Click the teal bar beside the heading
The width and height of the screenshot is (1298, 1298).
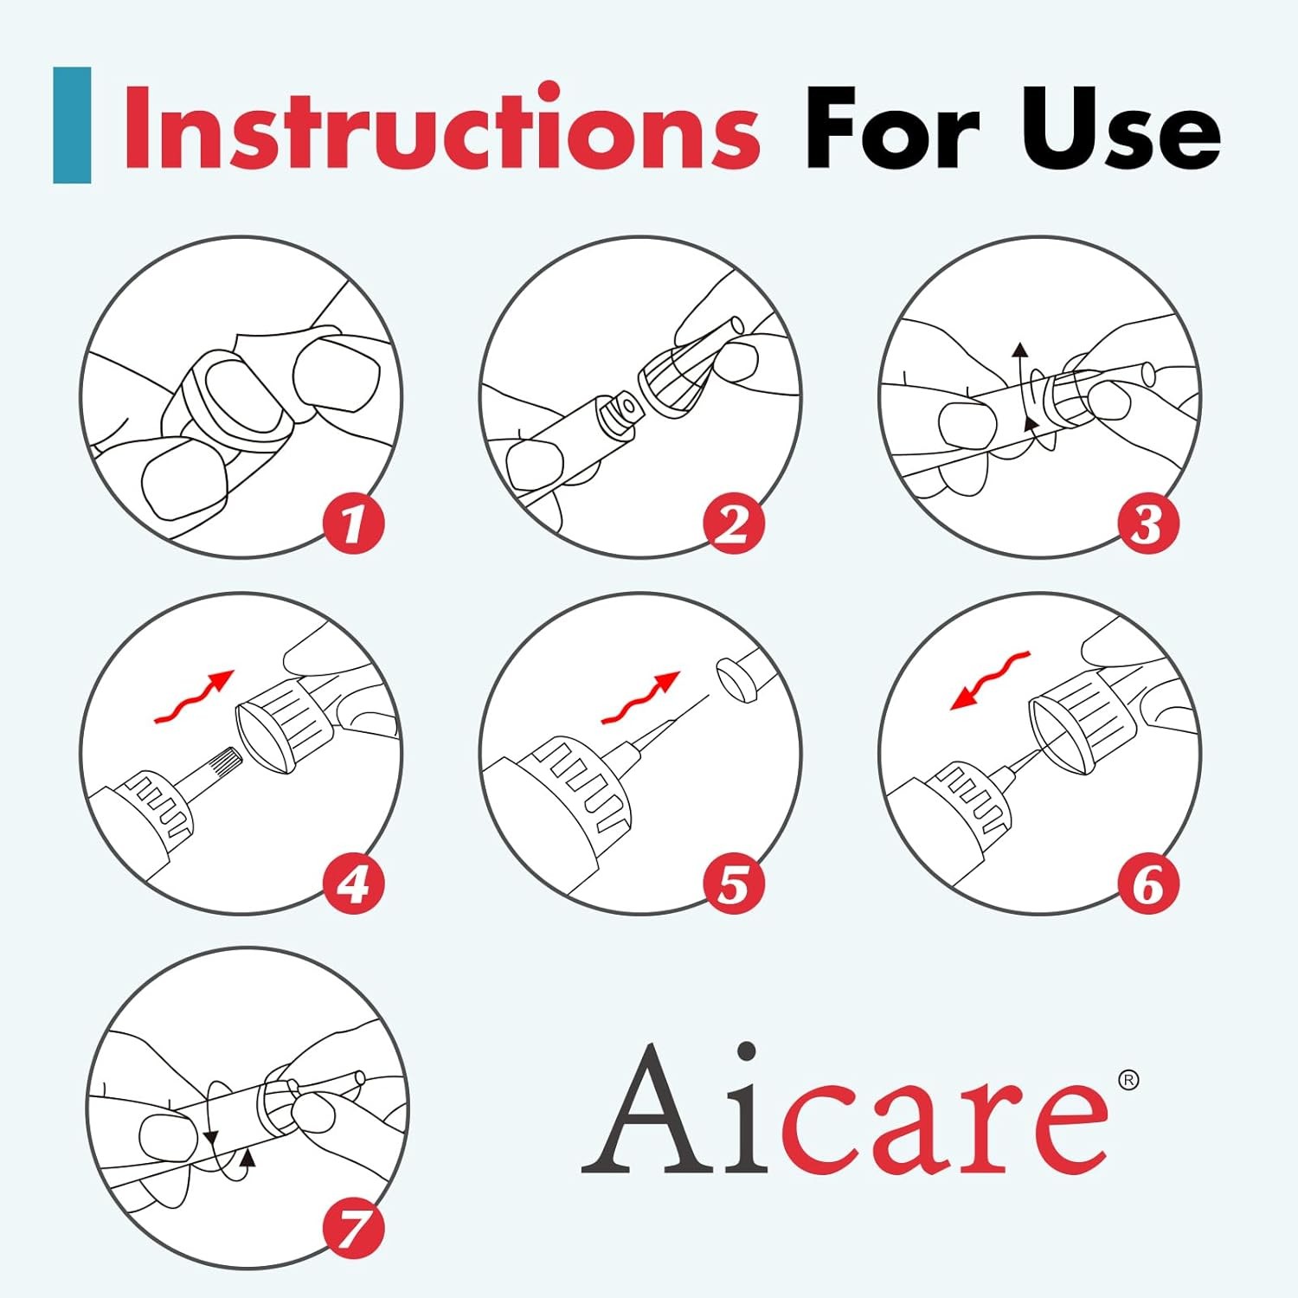tap(72, 125)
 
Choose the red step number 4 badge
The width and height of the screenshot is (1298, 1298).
tap(353, 884)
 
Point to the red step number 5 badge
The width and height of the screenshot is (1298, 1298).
tap(733, 884)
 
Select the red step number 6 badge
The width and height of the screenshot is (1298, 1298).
tap(1147, 884)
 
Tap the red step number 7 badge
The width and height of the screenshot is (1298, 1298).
tap(353, 1229)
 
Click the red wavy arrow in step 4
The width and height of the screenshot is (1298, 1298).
tap(193, 697)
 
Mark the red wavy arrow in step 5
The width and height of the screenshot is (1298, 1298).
tap(641, 697)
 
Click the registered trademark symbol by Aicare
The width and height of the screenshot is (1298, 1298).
tap(1128, 1080)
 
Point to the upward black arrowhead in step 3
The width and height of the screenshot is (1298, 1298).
tap(1020, 350)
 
